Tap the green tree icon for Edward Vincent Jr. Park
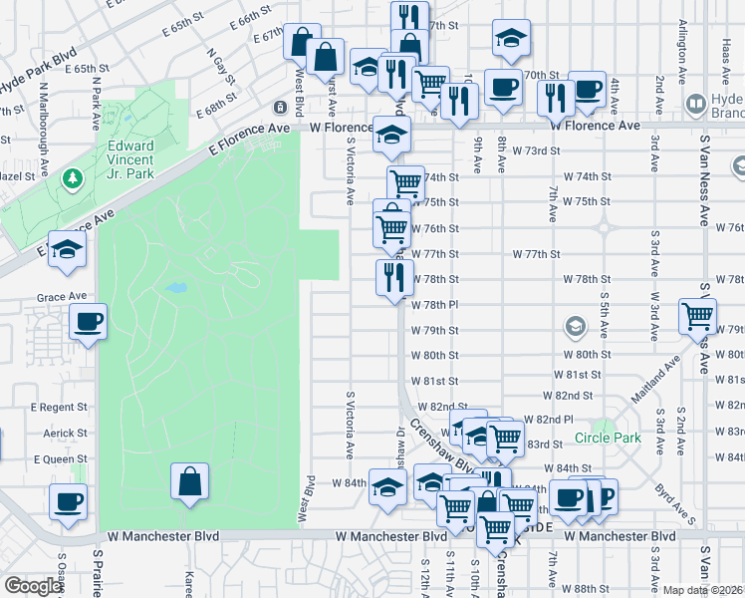(72, 178)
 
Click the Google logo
(32, 586)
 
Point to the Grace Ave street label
(57, 297)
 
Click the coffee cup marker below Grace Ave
(89, 322)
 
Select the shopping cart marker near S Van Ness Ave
(697, 317)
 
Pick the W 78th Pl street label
(434, 304)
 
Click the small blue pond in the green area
(175, 288)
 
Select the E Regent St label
(61, 408)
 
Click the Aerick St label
(66, 434)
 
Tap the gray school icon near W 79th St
(575, 326)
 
